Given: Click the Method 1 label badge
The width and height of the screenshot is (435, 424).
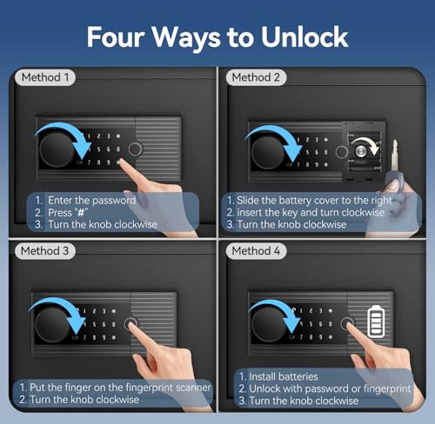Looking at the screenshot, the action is (45, 77).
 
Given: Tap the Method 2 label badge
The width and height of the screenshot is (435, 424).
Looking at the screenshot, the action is (256, 77).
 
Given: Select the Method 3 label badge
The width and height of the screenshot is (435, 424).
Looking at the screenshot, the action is (45, 251).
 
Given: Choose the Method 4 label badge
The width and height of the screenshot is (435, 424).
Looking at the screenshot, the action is (256, 251).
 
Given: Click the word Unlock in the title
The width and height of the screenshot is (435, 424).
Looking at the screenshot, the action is (304, 36).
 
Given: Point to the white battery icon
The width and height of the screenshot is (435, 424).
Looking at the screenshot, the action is (376, 321).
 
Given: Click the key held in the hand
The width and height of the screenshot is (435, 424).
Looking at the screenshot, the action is (394, 162).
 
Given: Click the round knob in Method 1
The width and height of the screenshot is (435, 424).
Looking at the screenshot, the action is (57, 149).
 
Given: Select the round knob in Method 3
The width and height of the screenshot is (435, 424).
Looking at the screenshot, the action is (52, 324).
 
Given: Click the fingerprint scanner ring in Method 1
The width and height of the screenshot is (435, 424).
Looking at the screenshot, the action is (135, 149).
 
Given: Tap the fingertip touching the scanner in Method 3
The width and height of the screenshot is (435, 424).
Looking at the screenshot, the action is (132, 325).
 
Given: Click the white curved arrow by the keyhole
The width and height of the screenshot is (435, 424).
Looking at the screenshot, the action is (366, 144).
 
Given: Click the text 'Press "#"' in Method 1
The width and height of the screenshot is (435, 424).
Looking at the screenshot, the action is (68, 213).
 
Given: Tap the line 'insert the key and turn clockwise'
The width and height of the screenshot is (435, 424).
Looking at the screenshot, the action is (311, 213).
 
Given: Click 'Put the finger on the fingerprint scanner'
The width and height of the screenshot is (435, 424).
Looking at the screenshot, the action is (120, 388).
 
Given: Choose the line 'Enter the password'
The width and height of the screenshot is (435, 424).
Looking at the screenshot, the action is (91, 201).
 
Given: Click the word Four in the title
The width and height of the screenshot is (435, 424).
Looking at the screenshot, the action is (116, 36).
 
